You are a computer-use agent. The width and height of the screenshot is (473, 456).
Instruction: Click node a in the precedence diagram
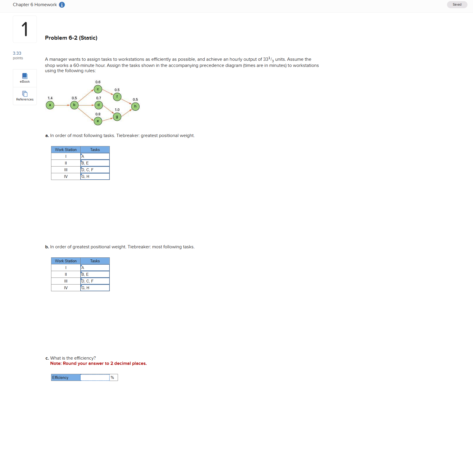(50, 105)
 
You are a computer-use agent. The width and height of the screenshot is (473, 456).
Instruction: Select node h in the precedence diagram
(135, 107)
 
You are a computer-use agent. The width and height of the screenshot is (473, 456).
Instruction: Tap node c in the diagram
(98, 89)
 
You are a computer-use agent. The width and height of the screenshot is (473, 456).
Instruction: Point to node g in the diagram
(117, 117)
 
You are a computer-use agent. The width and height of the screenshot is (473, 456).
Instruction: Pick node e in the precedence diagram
(98, 121)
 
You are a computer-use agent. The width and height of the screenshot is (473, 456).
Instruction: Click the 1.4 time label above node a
(50, 98)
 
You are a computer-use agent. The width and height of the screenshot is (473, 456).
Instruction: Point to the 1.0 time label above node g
(117, 110)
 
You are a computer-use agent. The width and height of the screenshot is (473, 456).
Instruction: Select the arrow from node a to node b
(62, 105)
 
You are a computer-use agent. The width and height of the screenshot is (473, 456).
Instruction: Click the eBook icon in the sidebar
(25, 76)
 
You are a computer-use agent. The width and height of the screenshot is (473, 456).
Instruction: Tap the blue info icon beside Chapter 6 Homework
(62, 5)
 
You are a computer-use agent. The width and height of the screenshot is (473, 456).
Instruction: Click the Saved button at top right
(457, 5)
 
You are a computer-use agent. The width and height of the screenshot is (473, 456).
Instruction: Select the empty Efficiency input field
(95, 378)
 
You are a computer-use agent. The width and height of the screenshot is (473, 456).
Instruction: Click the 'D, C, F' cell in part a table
(95, 170)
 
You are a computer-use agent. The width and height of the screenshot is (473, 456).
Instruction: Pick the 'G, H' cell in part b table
(95, 288)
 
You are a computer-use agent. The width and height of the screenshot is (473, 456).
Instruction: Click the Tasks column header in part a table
(95, 150)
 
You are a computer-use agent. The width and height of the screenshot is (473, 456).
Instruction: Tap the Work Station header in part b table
(66, 261)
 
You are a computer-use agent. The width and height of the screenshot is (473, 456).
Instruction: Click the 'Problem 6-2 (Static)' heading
(71, 38)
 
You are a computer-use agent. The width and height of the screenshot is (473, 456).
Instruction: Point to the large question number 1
(25, 29)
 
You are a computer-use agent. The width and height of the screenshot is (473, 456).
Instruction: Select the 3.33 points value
(17, 53)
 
